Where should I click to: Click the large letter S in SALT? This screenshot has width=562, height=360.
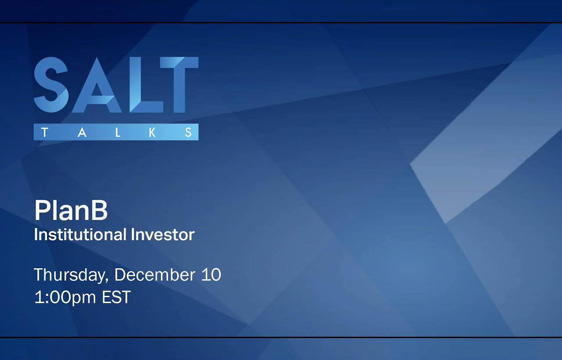tap(51, 85)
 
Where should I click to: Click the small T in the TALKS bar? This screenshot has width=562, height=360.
tap(44, 132)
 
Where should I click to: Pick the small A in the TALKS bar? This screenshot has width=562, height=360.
tap(82, 132)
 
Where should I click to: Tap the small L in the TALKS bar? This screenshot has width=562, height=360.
tap(118, 132)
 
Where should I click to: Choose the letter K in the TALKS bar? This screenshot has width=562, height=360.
tap(152, 132)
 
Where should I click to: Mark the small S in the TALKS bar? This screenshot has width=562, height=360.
tap(188, 132)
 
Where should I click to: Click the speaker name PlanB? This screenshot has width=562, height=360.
tap(71, 211)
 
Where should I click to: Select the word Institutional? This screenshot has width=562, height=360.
tap(81, 234)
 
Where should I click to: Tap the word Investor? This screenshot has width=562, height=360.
tap(162, 234)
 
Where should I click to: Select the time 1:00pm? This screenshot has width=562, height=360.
tap(65, 297)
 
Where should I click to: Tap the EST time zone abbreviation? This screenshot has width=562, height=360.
tap(116, 297)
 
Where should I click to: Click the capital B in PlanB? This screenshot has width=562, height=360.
tap(99, 211)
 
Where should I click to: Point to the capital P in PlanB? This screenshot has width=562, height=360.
tap(41, 211)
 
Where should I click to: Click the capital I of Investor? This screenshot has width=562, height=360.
tap(133, 234)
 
